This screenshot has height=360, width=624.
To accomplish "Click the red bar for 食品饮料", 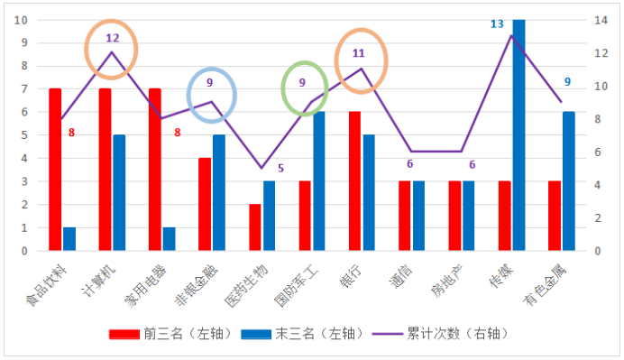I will (55, 169).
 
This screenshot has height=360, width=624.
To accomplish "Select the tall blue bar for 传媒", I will (518, 135).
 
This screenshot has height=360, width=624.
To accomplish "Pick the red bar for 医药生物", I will (255, 226).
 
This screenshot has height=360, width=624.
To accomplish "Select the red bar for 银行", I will (355, 180).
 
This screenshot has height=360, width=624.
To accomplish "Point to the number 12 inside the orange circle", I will (112, 39).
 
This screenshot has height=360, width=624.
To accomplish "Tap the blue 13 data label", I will (497, 23).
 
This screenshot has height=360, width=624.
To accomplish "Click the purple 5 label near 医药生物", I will (280, 168).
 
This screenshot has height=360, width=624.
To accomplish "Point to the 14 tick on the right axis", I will (602, 20).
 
